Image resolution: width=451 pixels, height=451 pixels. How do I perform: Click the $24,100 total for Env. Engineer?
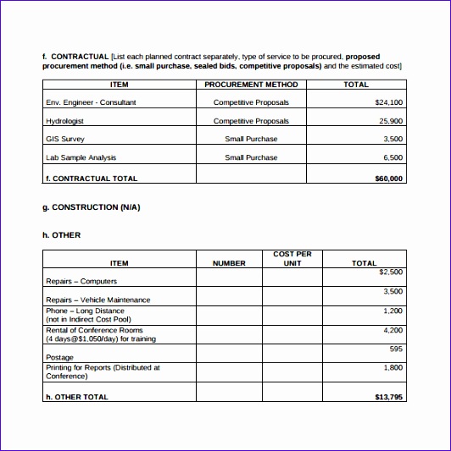pyautogui.click(x=388, y=102)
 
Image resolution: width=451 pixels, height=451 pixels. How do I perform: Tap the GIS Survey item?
pyautogui.click(x=64, y=139)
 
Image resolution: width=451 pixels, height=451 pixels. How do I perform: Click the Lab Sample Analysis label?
pyautogui.click(x=81, y=157)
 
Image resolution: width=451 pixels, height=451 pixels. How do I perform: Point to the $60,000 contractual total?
pyautogui.click(x=388, y=179)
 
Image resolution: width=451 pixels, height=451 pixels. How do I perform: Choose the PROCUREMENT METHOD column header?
pyautogui.click(x=251, y=85)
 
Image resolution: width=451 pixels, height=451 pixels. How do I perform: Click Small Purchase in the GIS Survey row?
pyautogui.click(x=251, y=139)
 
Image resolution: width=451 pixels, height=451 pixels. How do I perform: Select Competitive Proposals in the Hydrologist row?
pyautogui.click(x=251, y=121)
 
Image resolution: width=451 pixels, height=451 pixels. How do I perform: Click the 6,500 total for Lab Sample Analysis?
pyautogui.click(x=393, y=157)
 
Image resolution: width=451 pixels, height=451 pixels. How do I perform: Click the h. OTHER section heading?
pyautogui.click(x=62, y=235)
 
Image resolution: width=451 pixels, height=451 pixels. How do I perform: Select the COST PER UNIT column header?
pyautogui.click(x=292, y=259)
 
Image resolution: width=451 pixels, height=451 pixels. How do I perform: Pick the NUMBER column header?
pyautogui.click(x=229, y=263)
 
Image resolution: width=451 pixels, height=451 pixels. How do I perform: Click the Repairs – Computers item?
pyautogui.click(x=81, y=281)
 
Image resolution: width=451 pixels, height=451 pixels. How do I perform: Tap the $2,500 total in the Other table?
pyautogui.click(x=390, y=272)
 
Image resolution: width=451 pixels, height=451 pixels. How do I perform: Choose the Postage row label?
pyautogui.click(x=59, y=358)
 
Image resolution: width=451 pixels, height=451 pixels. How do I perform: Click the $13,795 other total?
pyautogui.click(x=388, y=396)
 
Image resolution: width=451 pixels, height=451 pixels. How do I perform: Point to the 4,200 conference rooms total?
pyautogui.click(x=393, y=330)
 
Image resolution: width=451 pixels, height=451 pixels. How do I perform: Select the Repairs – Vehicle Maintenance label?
pyautogui.click(x=97, y=300)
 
